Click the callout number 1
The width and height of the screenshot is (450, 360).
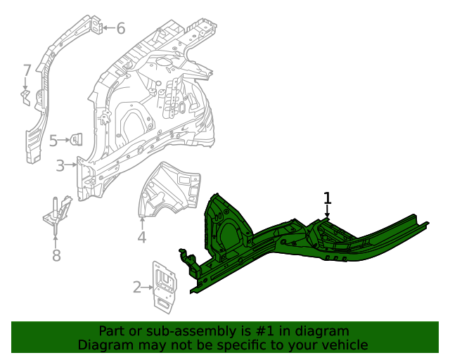[327, 198]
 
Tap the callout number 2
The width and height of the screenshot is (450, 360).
[136, 287]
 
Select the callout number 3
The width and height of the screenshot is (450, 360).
[60, 166]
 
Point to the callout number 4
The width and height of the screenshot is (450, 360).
[141, 237]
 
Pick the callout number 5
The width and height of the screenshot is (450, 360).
[53, 141]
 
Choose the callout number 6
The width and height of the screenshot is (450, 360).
[120, 28]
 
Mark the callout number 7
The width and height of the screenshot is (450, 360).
[27, 70]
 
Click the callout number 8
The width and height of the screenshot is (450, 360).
[56, 255]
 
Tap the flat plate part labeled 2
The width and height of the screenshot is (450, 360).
[165, 286]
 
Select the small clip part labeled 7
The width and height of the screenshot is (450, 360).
[25, 96]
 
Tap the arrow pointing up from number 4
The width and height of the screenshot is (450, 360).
[141, 224]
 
